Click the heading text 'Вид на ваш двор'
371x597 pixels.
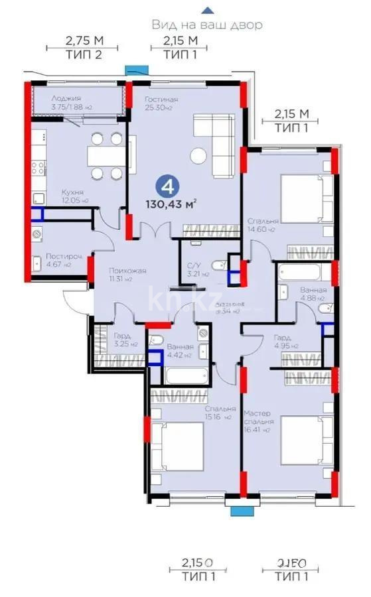207,25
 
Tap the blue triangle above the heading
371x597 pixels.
208,10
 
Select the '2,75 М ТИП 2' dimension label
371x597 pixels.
84,48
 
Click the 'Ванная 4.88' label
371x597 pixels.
312,294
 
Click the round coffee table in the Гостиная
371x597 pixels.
198,157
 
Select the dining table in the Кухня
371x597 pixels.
106,156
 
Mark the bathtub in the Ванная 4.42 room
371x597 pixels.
186,376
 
